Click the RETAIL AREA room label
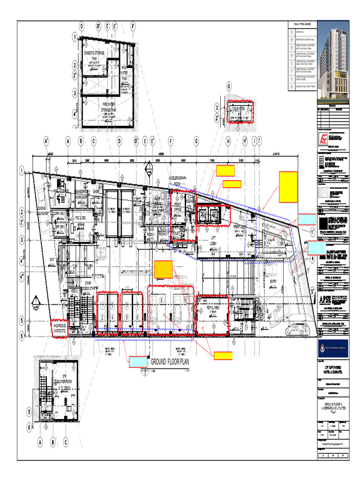(213, 308)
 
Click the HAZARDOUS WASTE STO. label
(60, 328)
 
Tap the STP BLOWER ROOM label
(65, 379)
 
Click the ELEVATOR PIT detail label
(240, 111)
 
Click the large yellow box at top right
(288, 187)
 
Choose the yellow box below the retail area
(223, 356)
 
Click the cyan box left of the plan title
(139, 361)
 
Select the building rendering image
(334, 61)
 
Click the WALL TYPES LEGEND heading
(302, 24)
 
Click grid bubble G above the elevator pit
(229, 87)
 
